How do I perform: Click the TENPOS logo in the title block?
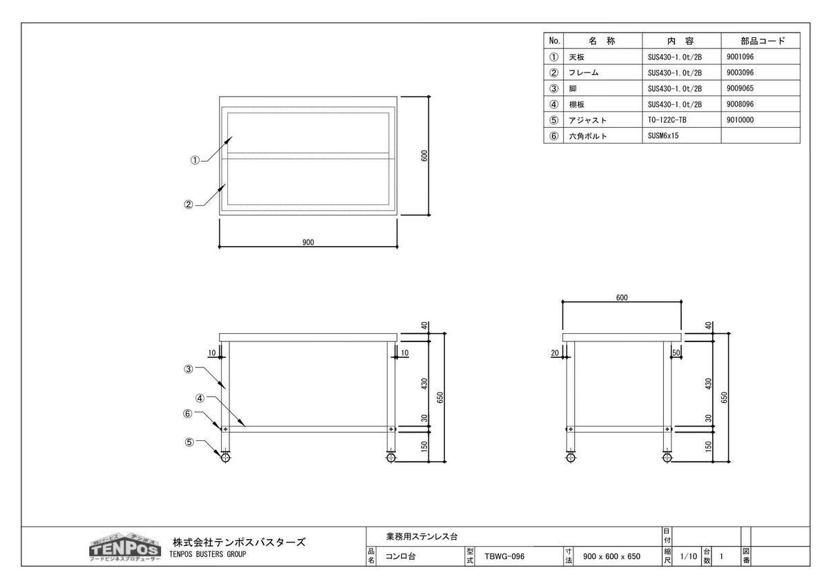coord(125,547)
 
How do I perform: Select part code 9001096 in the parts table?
coord(740,57)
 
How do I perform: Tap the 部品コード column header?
coord(763,41)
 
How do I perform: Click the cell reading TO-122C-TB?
coord(667,120)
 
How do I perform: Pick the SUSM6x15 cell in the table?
coord(663,136)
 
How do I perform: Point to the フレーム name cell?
coord(583,73)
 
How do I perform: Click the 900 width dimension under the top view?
coord(308,243)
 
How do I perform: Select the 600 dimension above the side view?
coord(622,298)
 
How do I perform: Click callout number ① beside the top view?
coord(195,160)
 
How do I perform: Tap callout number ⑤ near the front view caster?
coord(189,442)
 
